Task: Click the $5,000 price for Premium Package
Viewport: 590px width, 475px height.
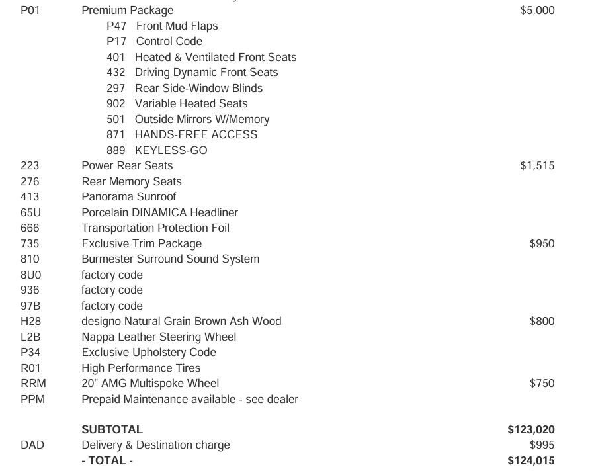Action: [537, 11]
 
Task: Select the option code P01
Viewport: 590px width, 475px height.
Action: [30, 11]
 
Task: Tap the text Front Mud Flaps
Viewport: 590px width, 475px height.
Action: [177, 26]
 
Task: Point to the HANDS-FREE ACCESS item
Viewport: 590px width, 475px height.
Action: [196, 134]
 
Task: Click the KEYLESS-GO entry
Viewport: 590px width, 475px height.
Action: [171, 150]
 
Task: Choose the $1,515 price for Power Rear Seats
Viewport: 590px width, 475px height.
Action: [537, 166]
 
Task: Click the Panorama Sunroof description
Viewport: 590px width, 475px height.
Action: [129, 196]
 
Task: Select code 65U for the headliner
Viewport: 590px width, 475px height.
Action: [30, 212]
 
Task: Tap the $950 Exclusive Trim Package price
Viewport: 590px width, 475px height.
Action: [542, 243]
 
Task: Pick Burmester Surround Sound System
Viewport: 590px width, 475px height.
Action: [171, 259]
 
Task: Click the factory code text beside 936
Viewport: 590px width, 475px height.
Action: [112, 290]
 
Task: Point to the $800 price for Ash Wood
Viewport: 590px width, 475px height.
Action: [542, 321]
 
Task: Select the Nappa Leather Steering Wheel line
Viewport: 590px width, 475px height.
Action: [159, 337]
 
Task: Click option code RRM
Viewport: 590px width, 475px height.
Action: [33, 383]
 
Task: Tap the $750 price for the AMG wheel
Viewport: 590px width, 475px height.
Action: [542, 383]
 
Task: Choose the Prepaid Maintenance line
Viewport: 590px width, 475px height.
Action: [190, 399]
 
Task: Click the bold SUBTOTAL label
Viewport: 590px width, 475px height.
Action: [112, 430]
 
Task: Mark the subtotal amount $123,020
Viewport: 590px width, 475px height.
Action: [531, 430]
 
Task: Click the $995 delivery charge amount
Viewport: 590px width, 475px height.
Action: [542, 445]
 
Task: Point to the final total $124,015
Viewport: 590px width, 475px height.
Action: [531, 461]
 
